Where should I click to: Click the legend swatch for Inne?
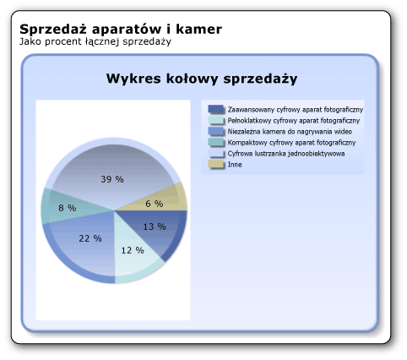coord(216,165)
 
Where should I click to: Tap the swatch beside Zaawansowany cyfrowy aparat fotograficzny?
coord(216,110)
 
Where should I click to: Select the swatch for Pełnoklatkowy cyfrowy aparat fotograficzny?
coord(216,121)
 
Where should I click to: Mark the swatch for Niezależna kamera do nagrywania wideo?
coord(216,132)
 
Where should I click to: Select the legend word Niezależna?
coord(245,132)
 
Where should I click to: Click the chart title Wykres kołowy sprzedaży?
coord(201,79)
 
